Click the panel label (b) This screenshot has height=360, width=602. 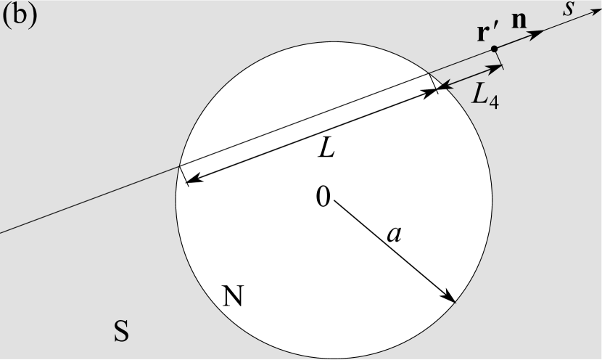20,17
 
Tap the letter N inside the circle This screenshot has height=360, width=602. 231,295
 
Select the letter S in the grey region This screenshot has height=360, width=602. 121,331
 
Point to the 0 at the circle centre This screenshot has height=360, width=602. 323,195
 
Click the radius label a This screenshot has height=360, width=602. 393,233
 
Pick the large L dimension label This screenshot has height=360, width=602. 327,149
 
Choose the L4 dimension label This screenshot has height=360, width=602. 484,94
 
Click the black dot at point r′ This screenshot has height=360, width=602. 494,49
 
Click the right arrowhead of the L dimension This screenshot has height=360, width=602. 433,91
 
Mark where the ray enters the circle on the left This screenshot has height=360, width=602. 179,168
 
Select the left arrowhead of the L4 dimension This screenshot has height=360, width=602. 442,88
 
